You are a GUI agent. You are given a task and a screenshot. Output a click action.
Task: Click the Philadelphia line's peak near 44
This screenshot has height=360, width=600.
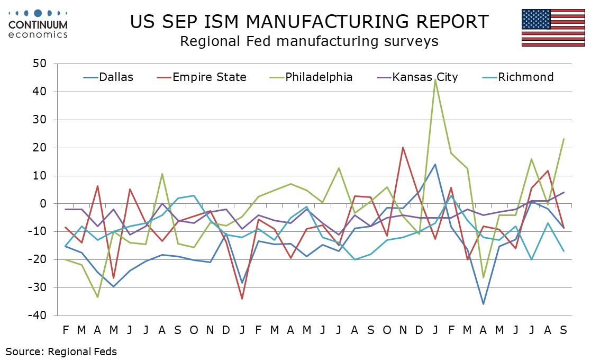point(435,79)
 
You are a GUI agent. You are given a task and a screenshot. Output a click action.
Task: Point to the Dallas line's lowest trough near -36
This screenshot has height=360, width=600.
point(483,304)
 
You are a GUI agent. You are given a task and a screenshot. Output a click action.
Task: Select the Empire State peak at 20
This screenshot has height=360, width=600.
point(403,147)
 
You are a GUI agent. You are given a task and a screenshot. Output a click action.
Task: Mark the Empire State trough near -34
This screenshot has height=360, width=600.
point(242,299)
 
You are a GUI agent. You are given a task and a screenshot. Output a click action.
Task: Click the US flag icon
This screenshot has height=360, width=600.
point(553,28)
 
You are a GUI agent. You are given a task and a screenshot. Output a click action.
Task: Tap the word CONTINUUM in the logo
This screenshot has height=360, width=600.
point(39,25)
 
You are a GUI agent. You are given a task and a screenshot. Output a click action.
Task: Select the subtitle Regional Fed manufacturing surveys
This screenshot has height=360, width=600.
point(309,41)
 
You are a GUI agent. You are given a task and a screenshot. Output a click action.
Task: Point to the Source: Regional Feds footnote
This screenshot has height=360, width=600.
point(61,351)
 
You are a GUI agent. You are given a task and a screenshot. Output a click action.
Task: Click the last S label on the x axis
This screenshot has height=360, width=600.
point(563,330)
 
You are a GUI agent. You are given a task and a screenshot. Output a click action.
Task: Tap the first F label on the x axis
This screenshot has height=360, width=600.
point(66,330)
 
